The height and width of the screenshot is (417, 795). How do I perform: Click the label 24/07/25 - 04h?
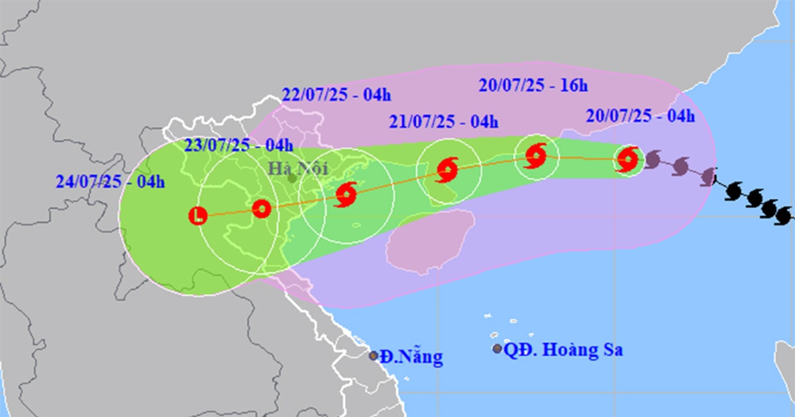click(110, 182)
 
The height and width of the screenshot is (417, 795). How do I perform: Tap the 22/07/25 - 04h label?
click(336, 95)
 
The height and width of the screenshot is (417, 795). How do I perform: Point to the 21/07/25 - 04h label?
click(444, 121)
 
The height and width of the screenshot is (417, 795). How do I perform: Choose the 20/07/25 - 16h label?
click(533, 85)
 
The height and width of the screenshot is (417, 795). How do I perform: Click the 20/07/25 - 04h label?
click(640, 117)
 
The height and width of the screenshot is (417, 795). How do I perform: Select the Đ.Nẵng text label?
click(411, 357)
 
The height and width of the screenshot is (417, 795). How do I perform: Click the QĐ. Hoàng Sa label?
click(562, 350)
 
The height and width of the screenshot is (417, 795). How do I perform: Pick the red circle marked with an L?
click(197, 215)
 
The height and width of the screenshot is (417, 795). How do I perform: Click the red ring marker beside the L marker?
click(262, 209)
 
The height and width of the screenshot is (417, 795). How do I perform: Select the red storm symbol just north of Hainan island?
click(447, 170)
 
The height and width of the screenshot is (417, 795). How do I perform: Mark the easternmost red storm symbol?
click(627, 160)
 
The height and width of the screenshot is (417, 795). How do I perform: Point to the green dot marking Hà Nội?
click(292, 177)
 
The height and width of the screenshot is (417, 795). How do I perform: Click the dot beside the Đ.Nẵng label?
click(374, 356)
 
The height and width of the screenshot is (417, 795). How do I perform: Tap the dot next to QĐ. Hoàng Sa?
click(498, 349)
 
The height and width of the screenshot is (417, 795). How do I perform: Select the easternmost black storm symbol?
click(783, 215)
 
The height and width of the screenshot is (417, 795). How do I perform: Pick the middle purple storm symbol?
click(680, 167)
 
